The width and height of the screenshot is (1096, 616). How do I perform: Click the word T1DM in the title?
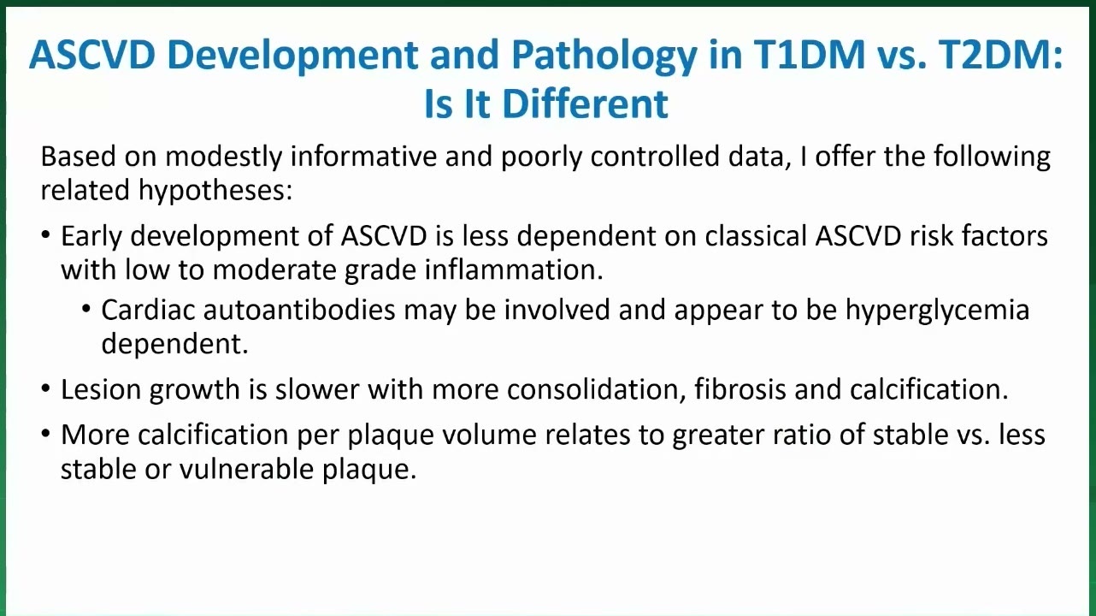point(810,55)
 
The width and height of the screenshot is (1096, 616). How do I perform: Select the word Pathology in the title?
point(604,57)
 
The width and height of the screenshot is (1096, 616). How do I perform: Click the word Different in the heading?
point(585,104)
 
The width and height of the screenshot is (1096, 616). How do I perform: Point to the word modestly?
point(224,157)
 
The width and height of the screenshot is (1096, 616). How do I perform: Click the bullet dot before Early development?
point(46,234)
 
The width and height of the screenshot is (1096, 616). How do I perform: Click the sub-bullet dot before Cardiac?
point(86,309)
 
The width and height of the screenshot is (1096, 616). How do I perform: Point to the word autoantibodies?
point(299,310)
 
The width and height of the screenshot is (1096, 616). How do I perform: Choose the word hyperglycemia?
point(938,311)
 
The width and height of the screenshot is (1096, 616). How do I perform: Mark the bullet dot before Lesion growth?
point(46,388)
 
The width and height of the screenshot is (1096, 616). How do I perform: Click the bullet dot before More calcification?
point(46,434)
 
